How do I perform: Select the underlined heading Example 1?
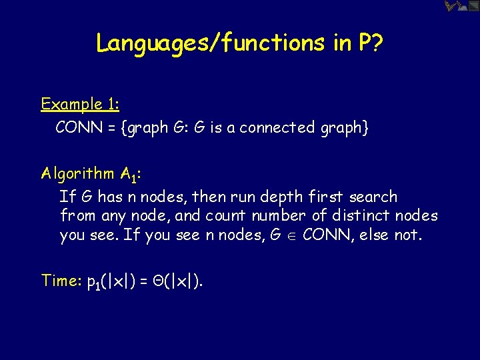[x=80, y=105]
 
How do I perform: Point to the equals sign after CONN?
[x=111, y=127]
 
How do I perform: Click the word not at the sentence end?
[x=408, y=235]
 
